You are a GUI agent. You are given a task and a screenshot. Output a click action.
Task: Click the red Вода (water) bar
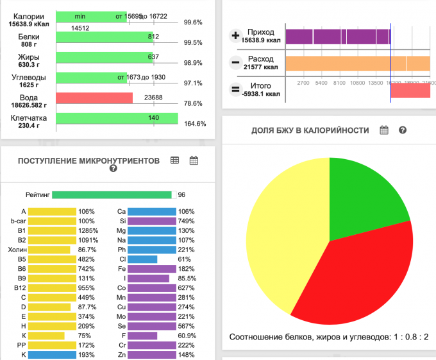tap(94, 98)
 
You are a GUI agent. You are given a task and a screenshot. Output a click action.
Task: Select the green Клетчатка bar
tap(117, 118)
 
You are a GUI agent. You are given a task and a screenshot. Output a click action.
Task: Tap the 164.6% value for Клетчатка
tap(194, 124)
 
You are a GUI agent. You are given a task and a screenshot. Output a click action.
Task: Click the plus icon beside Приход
tap(235, 37)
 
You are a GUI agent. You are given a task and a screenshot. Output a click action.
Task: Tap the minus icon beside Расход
tap(235, 63)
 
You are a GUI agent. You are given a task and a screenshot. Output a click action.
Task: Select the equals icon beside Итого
tap(235, 90)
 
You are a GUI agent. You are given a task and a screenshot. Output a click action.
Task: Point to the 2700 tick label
tap(304, 83)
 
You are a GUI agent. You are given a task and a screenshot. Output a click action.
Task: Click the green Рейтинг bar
tap(112, 194)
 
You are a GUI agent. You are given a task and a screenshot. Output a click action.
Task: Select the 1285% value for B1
tap(87, 229)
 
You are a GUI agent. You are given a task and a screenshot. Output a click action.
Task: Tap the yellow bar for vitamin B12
tap(53, 288)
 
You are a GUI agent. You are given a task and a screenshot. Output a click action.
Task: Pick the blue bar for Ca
tap(151, 211)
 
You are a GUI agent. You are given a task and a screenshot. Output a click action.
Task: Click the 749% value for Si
tap(187, 221)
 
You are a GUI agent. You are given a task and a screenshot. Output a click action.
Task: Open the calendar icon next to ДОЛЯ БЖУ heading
tap(384, 130)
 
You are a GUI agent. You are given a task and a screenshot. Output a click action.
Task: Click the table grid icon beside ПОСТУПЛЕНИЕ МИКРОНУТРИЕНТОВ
tap(174, 161)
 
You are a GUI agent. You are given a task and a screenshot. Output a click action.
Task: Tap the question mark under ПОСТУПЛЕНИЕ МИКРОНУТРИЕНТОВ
tap(113, 169)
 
